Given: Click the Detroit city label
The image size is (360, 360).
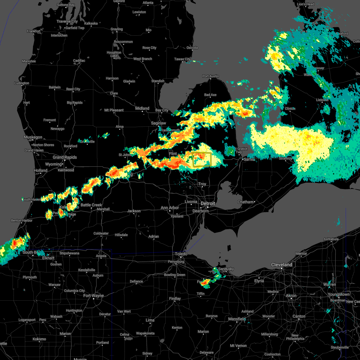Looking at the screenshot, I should pos(208,203).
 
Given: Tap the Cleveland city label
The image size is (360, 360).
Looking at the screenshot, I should pos(281,265).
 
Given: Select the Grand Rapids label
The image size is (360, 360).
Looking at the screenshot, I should pos(65,157).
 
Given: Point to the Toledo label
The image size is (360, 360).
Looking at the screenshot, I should pos(181,254).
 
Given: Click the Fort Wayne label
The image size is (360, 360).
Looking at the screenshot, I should pos(94,295).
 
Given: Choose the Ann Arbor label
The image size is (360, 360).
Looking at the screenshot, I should pos(170,208).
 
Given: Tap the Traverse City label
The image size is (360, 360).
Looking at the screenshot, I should pos(67,22).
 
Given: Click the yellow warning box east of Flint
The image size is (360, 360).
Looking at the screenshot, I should pos(202,159).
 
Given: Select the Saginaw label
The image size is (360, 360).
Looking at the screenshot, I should pos(158,123).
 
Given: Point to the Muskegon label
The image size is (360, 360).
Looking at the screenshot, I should pos(33,137).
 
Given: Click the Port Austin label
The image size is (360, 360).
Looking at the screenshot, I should pos(211,76).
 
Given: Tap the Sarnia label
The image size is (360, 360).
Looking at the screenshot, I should pos(249,159).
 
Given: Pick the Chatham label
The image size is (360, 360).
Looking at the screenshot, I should pos(246,202).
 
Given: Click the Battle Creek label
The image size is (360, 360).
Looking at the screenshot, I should pos(91,205).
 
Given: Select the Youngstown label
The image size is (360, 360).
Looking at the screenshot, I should pos(338,294).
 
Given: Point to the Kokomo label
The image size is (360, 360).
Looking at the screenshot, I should pos(39,339).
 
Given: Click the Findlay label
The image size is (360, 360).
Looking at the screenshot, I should pos(175,298).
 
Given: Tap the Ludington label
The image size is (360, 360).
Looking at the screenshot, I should pos(22,83).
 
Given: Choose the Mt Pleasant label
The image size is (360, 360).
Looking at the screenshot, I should pos(114,110).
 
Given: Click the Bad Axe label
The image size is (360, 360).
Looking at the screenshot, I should pos(210,95).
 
